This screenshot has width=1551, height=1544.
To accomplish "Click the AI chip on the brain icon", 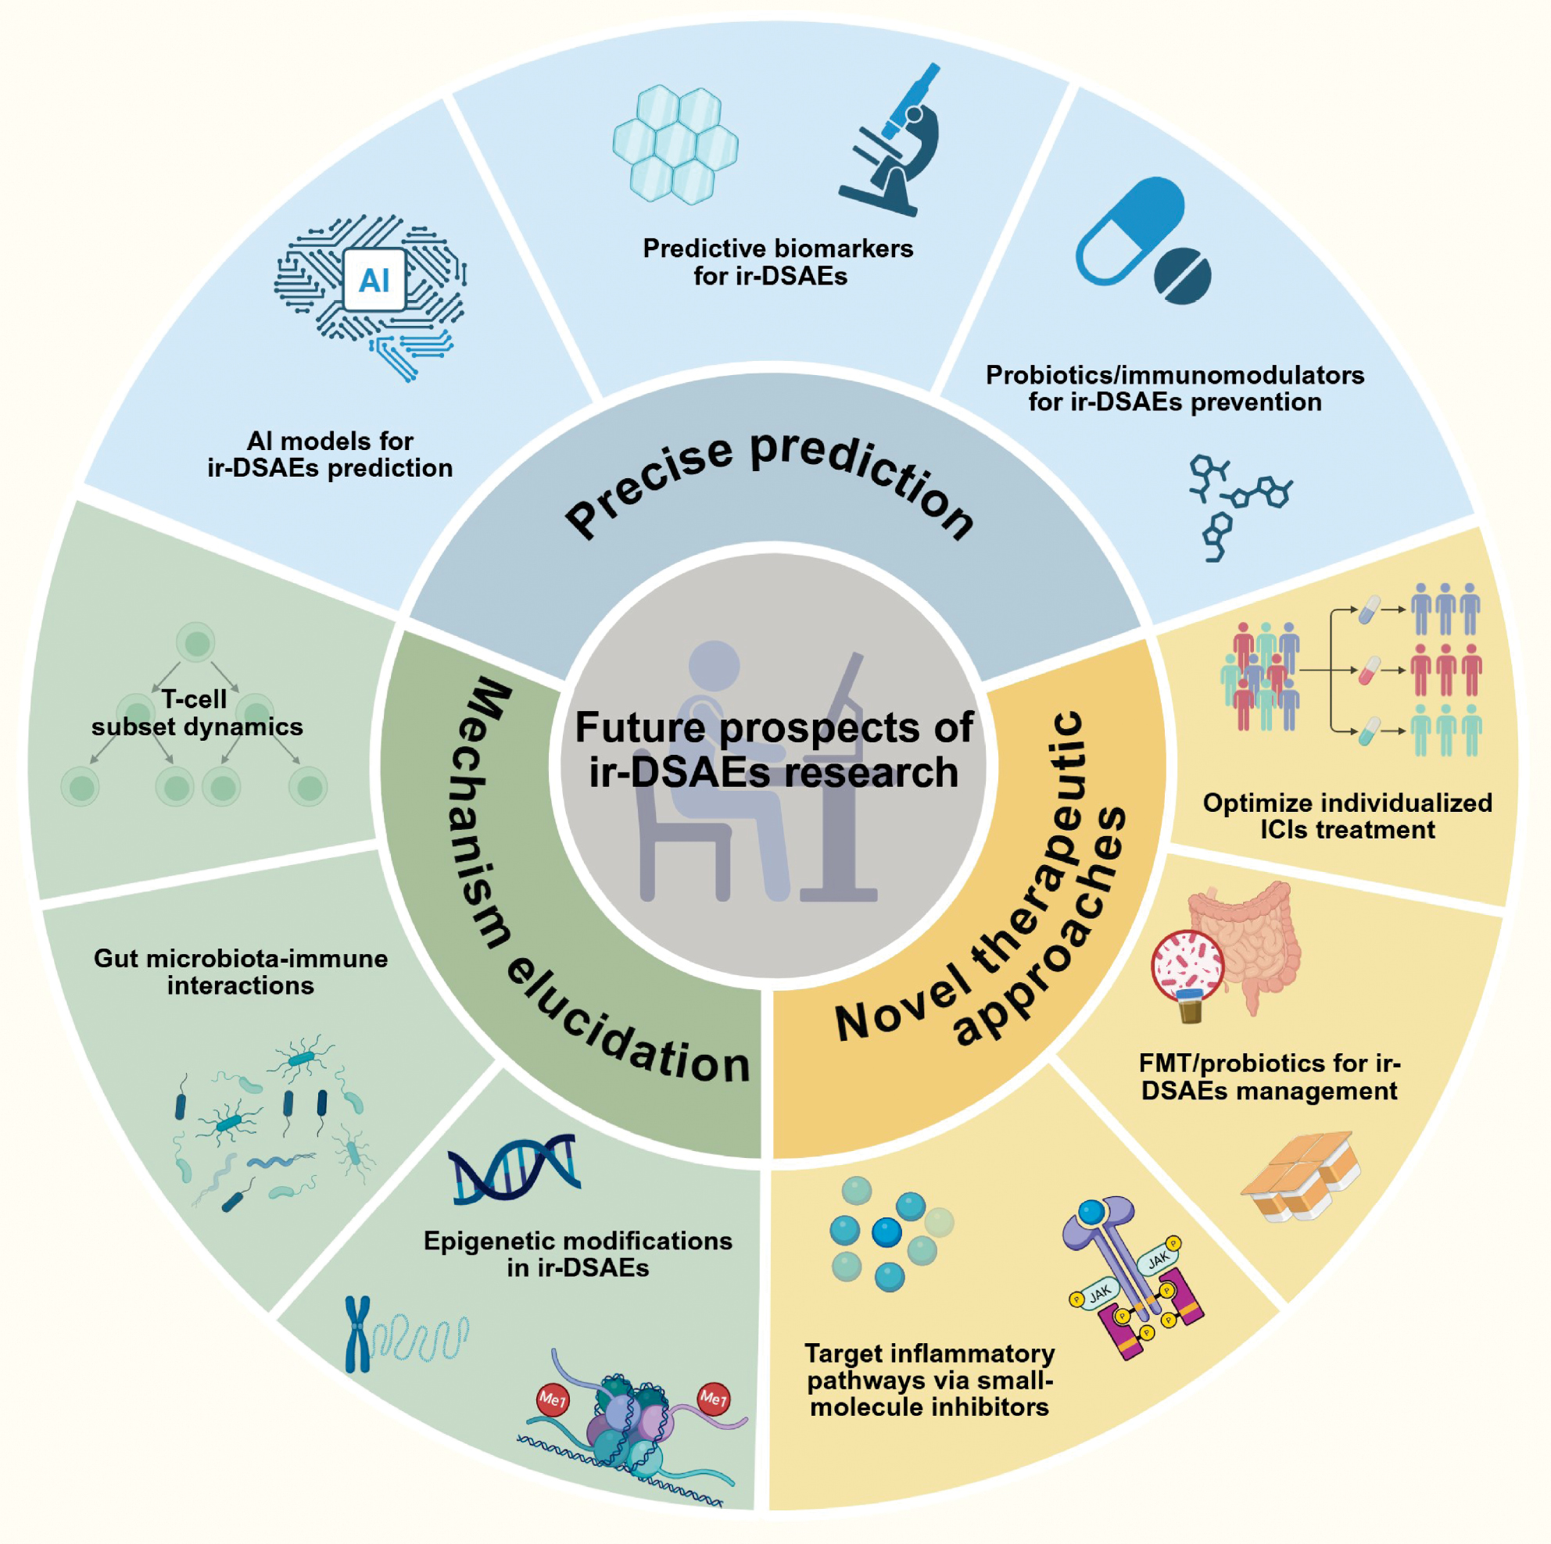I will pyautogui.click(x=374, y=280).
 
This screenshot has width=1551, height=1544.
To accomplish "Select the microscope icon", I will pyautogui.click(x=893, y=145).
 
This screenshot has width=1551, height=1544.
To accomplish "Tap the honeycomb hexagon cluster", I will pyautogui.click(x=675, y=145).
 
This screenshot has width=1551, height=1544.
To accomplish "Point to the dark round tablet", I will pyautogui.click(x=1183, y=275).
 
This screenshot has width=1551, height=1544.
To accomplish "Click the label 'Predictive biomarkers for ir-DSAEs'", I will pyautogui.click(x=777, y=262).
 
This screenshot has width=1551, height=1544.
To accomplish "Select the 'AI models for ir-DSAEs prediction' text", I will pyautogui.click(x=330, y=454).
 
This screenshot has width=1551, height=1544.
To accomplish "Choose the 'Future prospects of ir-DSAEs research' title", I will pyautogui.click(x=774, y=749).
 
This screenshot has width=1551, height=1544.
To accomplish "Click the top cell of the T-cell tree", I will pyautogui.click(x=196, y=643).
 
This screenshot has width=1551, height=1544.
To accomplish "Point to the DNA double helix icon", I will pyautogui.click(x=514, y=1168).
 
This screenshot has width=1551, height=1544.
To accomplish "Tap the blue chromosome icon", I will pyautogui.click(x=357, y=1334).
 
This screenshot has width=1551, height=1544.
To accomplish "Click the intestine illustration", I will pyautogui.click(x=1252, y=939).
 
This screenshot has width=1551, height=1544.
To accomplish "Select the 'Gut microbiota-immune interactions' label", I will pyautogui.click(x=241, y=971).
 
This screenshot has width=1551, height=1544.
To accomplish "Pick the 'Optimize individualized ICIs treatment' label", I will pyautogui.click(x=1347, y=815).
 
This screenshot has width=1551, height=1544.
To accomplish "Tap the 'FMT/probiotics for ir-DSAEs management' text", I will pyautogui.click(x=1270, y=1077).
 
